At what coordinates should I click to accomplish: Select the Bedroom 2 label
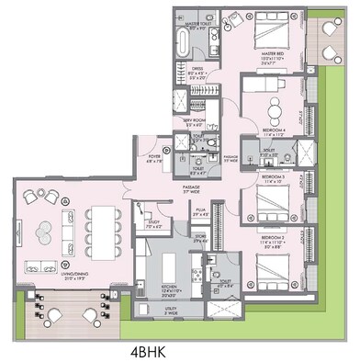274,242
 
